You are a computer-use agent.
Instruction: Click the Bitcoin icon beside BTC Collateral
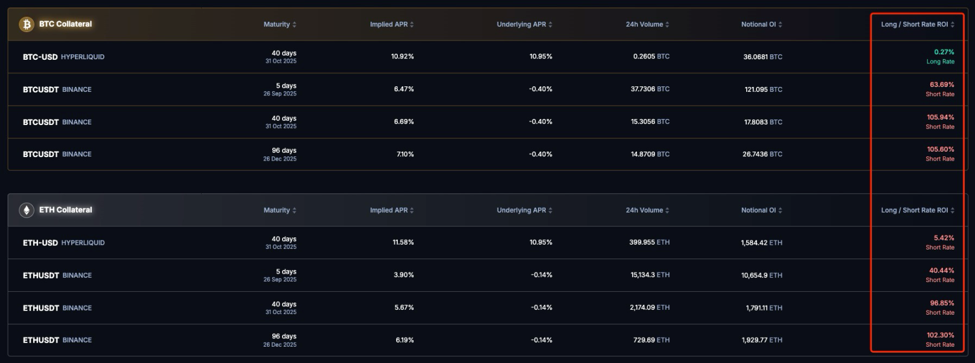click(x=27, y=24)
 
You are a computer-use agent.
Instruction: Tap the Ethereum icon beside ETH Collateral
click(x=27, y=210)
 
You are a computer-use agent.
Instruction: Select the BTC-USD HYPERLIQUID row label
click(x=63, y=57)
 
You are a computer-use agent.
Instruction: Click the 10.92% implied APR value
click(x=402, y=56)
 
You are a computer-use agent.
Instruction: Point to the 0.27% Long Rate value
click(x=944, y=53)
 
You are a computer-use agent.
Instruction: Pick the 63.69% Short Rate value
click(x=941, y=85)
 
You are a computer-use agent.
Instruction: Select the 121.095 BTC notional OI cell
click(x=763, y=89)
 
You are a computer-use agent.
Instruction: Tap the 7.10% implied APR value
click(x=404, y=154)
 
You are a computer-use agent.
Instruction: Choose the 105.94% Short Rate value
click(x=940, y=118)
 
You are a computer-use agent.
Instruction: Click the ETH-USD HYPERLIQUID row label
click(x=63, y=243)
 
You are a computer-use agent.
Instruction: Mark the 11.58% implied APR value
click(x=403, y=242)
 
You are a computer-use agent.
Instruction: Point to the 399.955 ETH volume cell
click(x=649, y=242)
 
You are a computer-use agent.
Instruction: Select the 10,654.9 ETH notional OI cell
click(x=761, y=275)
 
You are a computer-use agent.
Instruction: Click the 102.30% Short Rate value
click(x=940, y=335)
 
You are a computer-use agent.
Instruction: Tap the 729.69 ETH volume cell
click(x=651, y=340)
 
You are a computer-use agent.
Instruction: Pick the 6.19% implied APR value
click(x=404, y=340)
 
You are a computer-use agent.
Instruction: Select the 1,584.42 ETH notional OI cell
click(x=761, y=243)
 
